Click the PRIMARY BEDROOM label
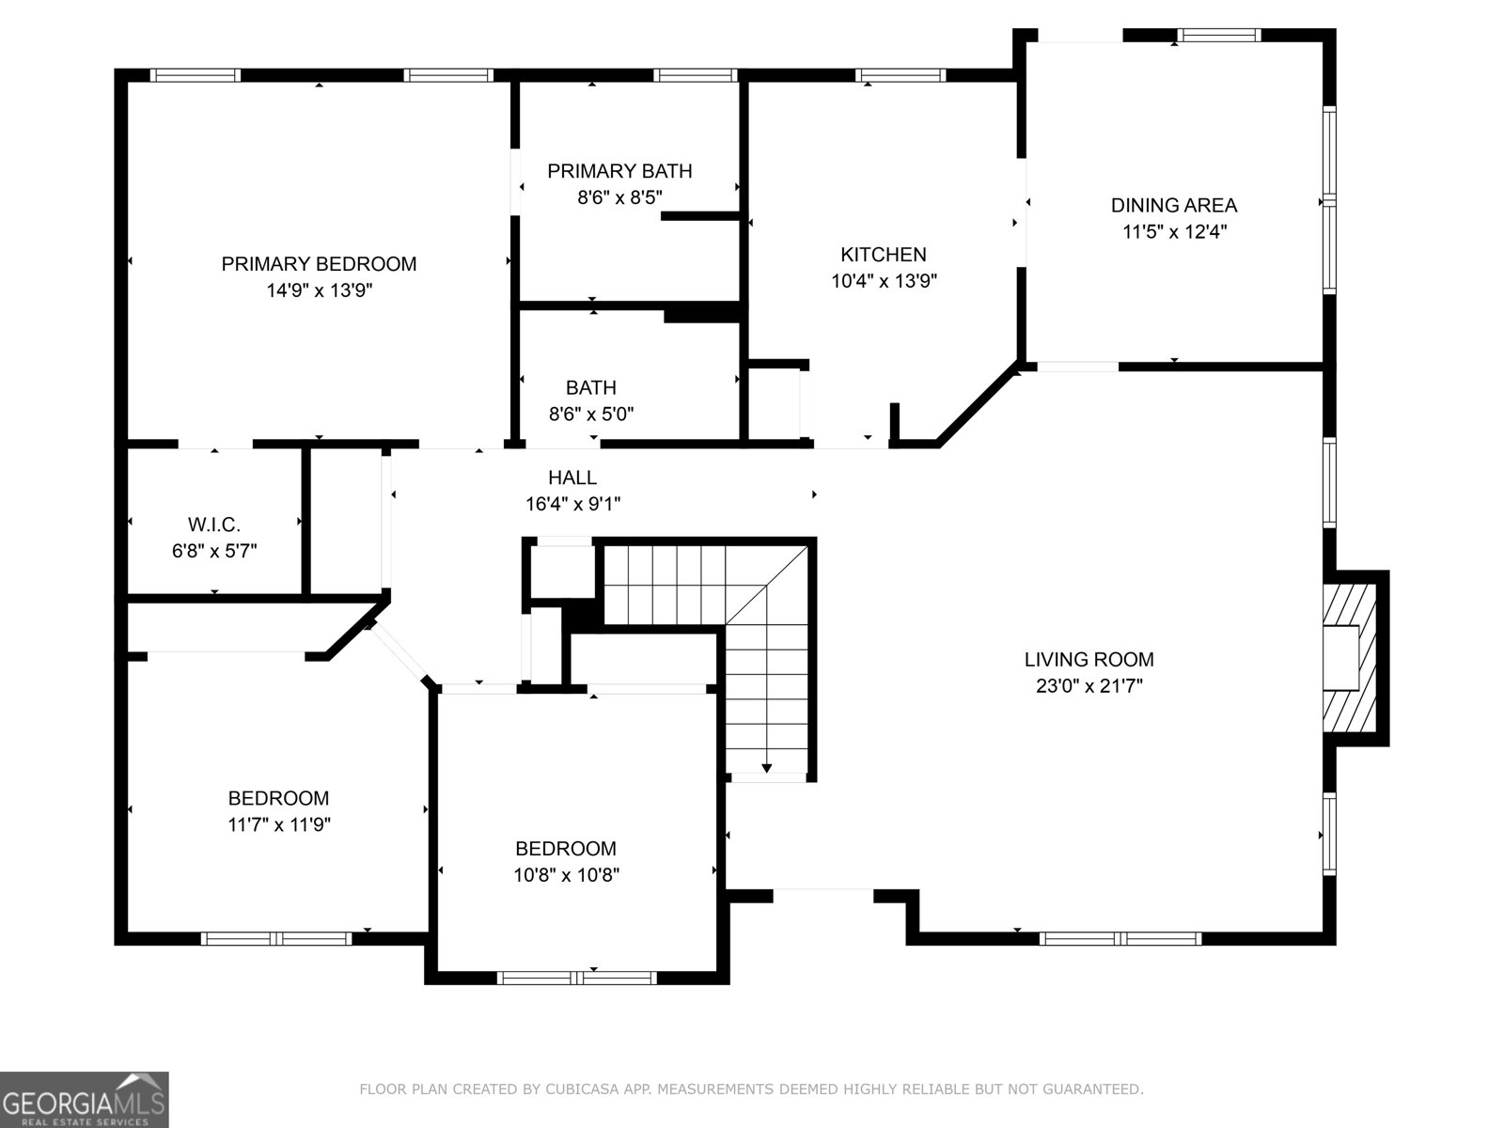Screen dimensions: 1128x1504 [x=319, y=264]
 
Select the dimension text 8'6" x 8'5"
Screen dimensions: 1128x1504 [x=619, y=197]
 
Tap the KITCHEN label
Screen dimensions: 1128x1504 [x=883, y=254]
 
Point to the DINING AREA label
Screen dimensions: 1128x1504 [x=1173, y=205]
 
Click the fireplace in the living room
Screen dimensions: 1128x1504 [x=1350, y=658]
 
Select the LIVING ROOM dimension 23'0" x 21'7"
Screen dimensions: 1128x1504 [x=1089, y=686]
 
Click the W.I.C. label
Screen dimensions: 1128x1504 [x=214, y=525]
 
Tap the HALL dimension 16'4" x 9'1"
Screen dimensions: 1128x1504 [x=572, y=504]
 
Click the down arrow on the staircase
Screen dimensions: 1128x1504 [x=766, y=767]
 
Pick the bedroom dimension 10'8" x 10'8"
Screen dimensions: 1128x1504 [x=566, y=875]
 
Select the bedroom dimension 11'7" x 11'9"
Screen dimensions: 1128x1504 [x=279, y=824]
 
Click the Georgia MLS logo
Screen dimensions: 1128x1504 [x=84, y=1099]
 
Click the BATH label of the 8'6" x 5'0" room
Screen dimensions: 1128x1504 [x=591, y=387]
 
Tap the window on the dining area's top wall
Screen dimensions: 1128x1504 [x=1219, y=36]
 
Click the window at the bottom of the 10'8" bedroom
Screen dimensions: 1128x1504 [x=576, y=978]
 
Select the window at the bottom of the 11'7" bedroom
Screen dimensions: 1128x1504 [x=276, y=938]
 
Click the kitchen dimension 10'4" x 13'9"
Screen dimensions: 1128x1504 [x=884, y=280]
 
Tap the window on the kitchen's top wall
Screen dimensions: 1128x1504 [x=900, y=75]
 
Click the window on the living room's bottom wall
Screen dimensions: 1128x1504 [x=1120, y=938]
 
